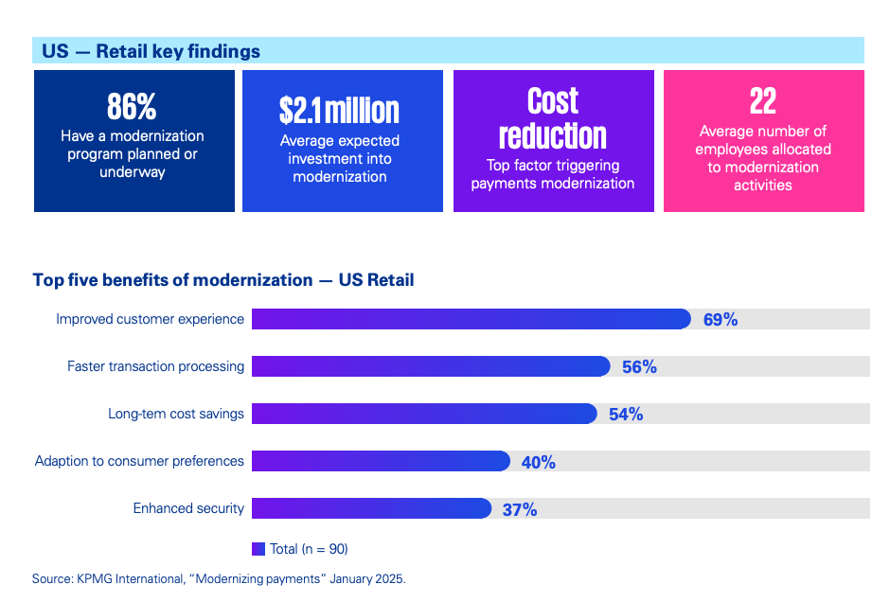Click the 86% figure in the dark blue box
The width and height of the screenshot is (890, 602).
(132, 106)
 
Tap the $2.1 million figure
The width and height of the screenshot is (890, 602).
(339, 110)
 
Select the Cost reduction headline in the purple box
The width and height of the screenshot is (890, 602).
(553, 118)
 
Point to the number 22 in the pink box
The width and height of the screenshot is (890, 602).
(762, 101)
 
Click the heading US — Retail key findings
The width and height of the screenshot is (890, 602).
(151, 51)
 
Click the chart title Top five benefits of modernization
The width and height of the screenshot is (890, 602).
(222, 280)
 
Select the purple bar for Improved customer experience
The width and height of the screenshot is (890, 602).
(471, 319)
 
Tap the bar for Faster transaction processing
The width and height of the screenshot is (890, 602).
(430, 366)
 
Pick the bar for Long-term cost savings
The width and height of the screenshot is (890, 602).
(423, 414)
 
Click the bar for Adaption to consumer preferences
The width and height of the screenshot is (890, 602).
(381, 461)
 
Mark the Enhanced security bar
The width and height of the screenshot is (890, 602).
(371, 508)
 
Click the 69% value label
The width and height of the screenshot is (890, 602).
(721, 320)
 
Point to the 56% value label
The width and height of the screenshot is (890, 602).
(639, 367)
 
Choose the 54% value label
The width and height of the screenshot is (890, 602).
(626, 415)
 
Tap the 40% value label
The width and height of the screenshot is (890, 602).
(538, 462)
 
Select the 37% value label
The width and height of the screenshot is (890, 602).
(520, 509)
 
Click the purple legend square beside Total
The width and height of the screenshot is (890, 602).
(258, 548)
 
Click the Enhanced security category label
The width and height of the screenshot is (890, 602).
(188, 508)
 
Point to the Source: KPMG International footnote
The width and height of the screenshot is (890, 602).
(219, 577)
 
